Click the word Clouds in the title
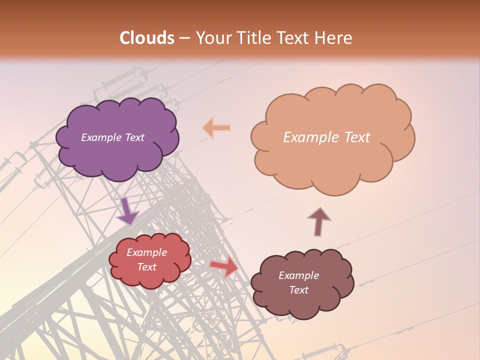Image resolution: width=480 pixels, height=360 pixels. click(x=147, y=38)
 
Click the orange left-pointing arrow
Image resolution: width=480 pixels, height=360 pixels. click(x=216, y=128)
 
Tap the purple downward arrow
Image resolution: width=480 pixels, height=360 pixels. click(x=127, y=211)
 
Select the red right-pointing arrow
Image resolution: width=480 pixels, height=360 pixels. click(x=224, y=266)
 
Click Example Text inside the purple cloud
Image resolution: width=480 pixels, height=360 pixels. click(x=112, y=137)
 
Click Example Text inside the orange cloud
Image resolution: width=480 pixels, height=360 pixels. click(x=326, y=137)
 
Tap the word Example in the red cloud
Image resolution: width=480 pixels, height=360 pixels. click(x=146, y=252)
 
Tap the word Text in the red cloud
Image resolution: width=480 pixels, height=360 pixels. click(x=147, y=267)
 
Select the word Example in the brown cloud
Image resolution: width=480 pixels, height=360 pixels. click(x=298, y=275)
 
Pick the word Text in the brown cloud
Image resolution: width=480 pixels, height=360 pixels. click(x=299, y=290)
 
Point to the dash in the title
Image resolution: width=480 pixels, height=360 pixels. click(x=184, y=38)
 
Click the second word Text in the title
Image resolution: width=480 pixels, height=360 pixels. click(x=293, y=38)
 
